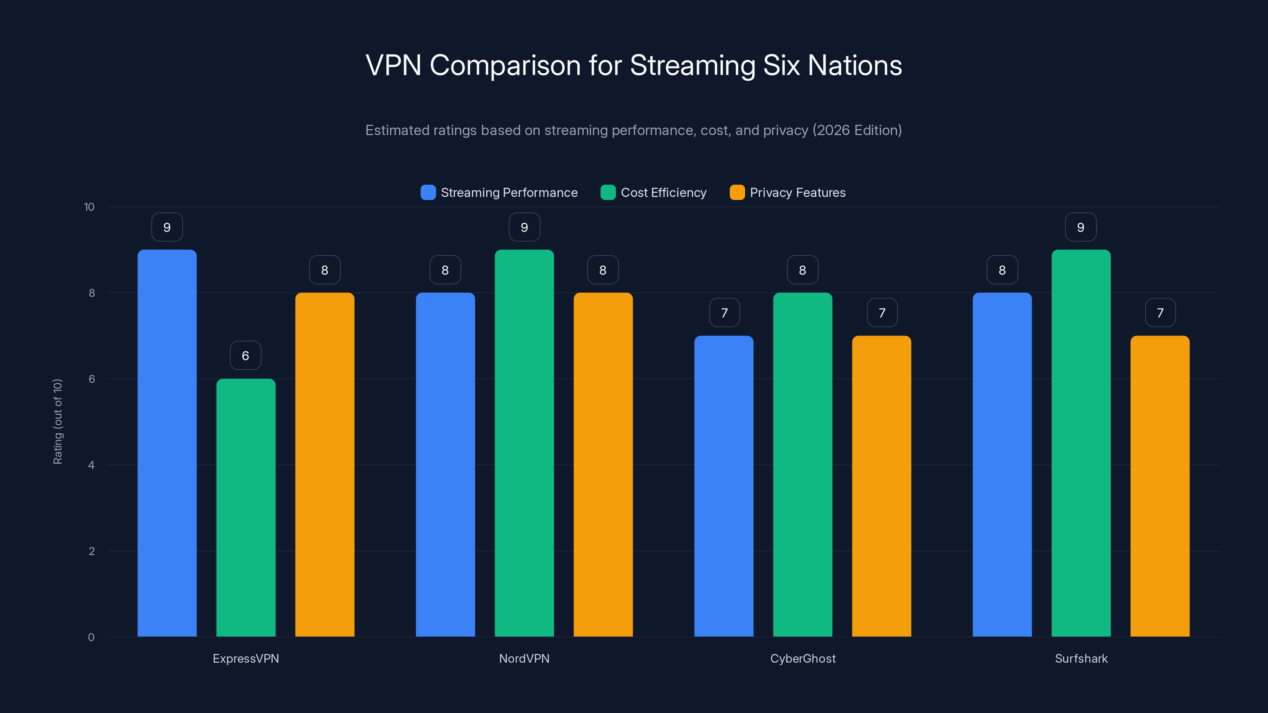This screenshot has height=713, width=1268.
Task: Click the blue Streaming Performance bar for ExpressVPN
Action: (x=167, y=443)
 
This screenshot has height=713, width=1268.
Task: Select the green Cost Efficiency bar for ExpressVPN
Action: (x=246, y=507)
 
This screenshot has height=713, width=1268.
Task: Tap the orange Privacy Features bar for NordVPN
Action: (x=603, y=465)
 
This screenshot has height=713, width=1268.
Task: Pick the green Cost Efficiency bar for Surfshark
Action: (x=1081, y=443)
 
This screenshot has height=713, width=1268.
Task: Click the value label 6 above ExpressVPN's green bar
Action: (x=246, y=355)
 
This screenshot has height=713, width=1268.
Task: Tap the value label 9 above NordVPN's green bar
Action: (x=524, y=227)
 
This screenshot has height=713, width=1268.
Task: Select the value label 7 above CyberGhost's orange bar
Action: (x=882, y=313)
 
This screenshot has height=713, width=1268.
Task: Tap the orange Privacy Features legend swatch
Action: (x=737, y=193)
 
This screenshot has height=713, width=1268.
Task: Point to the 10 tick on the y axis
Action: (x=89, y=207)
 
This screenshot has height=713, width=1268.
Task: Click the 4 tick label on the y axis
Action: (x=91, y=465)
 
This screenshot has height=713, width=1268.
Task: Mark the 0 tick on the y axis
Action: (x=91, y=637)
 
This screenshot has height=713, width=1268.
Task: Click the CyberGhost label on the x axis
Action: (x=803, y=658)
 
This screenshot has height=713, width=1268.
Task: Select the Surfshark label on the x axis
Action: (x=1081, y=658)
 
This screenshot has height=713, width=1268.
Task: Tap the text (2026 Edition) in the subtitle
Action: (x=857, y=130)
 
